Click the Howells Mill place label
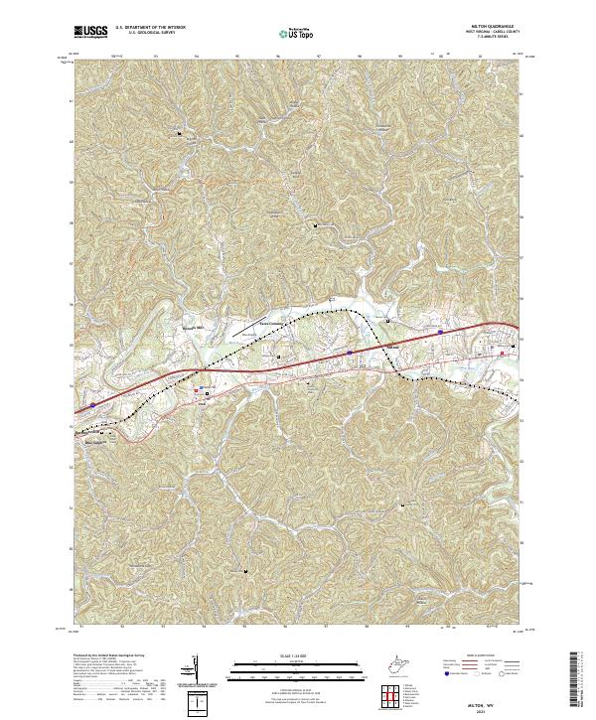tap(190, 323)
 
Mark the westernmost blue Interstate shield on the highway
tap(92, 405)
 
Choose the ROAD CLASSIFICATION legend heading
tap(484, 656)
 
